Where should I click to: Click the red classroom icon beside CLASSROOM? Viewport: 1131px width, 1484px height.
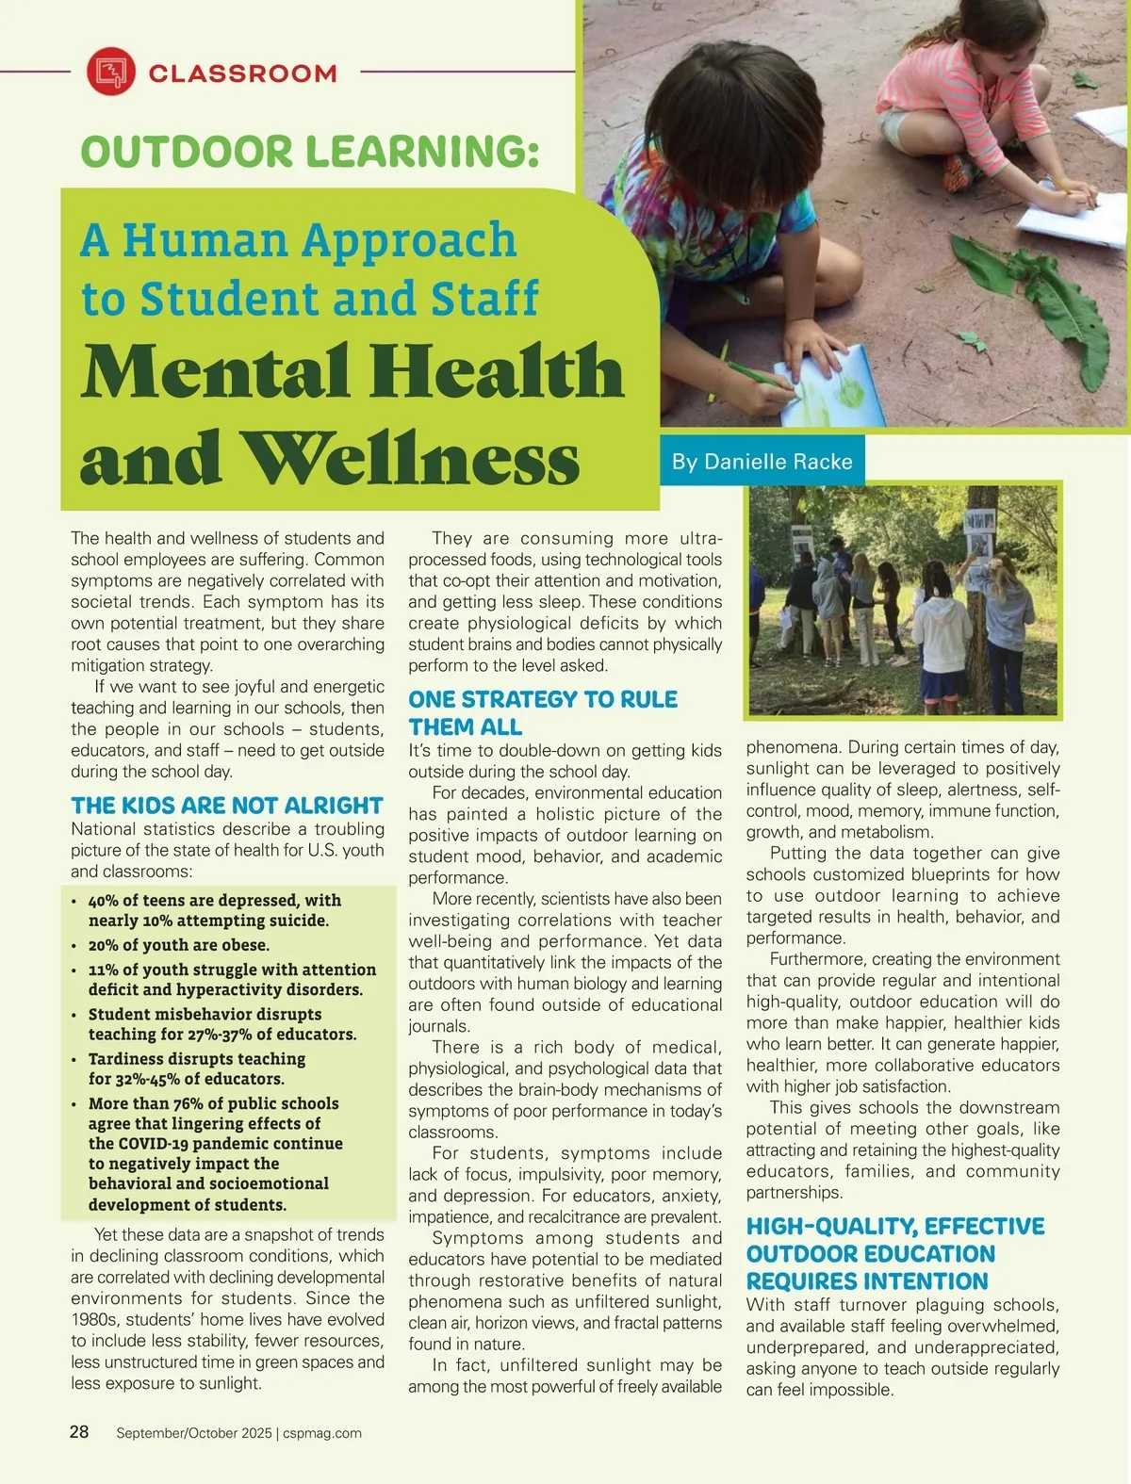(111, 72)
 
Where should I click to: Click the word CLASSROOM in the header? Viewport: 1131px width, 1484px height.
(242, 73)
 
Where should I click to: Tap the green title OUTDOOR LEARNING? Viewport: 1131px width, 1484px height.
(310, 152)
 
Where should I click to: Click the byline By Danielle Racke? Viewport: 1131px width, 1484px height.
(762, 462)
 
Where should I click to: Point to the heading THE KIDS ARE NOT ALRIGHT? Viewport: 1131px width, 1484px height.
(226, 806)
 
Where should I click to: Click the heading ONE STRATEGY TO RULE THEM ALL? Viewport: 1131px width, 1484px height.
(542, 713)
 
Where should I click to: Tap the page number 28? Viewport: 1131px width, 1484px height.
(79, 1431)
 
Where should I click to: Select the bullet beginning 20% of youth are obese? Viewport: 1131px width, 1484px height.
(178, 945)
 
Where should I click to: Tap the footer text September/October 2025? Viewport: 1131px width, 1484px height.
(192, 1433)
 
